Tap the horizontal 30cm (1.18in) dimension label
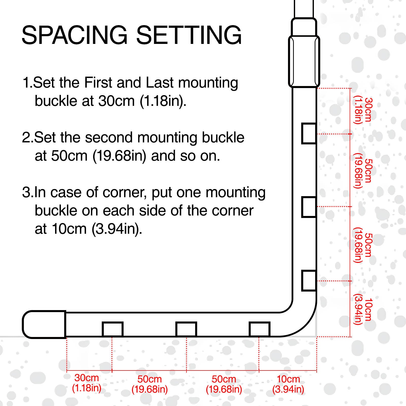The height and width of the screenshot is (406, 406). coord(87,383)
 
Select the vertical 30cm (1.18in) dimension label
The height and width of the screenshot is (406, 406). coord(363,110)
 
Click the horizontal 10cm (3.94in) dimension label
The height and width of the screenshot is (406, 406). coord(288,384)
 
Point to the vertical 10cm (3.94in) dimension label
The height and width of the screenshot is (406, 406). coord(363,309)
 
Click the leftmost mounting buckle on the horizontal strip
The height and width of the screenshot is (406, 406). coord(113,329)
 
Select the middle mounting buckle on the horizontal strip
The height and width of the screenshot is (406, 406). coord(186,329)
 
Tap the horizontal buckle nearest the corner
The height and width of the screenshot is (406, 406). coord(259,329)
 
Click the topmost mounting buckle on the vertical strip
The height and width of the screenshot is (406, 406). coord(309,133)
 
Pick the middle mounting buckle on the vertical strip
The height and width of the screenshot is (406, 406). coord(309,207)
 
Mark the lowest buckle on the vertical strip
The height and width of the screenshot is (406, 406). coord(309,281)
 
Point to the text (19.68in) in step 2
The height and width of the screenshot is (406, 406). coord(119,156)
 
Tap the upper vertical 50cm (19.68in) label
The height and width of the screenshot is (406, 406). coord(363,171)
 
